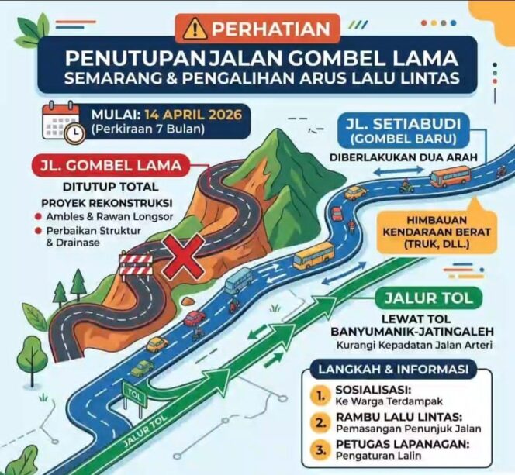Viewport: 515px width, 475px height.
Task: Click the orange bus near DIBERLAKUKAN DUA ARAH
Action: (x=450, y=176)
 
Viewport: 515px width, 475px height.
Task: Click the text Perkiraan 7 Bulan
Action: (x=148, y=129)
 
